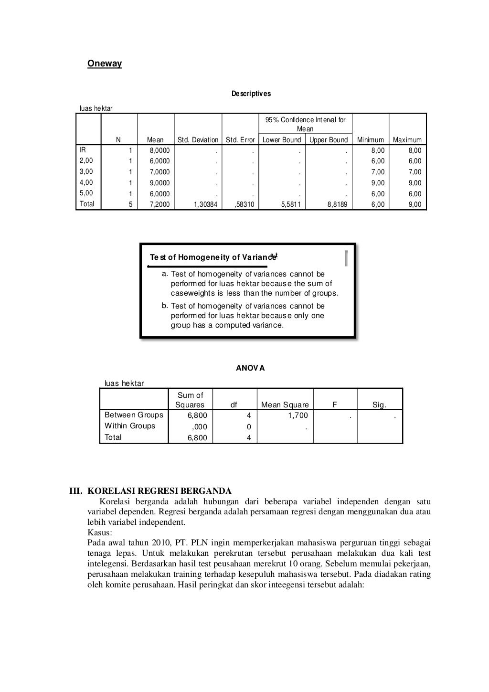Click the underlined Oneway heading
coord(105,64)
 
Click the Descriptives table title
coord(251,94)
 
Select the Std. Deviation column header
coord(198,140)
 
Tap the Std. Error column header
coord(240,140)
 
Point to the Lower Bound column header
coord(282,140)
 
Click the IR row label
coord(83,150)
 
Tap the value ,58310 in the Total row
coord(245,204)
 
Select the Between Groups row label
coord(134,415)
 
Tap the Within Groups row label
coord(130,426)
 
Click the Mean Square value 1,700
coord(298,415)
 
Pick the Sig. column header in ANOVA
coord(380,405)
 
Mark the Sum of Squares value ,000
coord(199,427)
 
